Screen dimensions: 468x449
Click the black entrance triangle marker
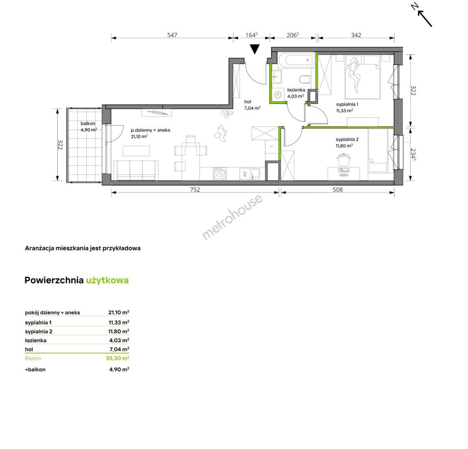point(255,49)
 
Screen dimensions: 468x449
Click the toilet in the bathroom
point(305,79)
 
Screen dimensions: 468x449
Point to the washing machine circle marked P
point(278,95)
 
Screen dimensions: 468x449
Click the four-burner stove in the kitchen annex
point(219,174)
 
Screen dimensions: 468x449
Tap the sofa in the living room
point(136,170)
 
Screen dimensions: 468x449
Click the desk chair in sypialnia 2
point(344,160)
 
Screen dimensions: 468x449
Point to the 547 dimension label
point(172,35)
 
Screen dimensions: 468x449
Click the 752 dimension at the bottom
point(195,189)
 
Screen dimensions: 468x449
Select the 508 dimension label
point(338,189)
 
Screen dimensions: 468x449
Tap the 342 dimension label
point(356,35)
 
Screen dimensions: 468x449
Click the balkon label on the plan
point(88,123)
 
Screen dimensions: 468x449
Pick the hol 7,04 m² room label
point(252,105)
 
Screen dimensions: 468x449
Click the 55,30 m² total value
point(117,358)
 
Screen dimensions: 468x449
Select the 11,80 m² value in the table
point(119,331)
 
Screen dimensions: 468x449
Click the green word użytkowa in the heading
point(107,280)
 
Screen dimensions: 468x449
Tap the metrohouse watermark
point(232,217)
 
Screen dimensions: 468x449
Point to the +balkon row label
point(35,370)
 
